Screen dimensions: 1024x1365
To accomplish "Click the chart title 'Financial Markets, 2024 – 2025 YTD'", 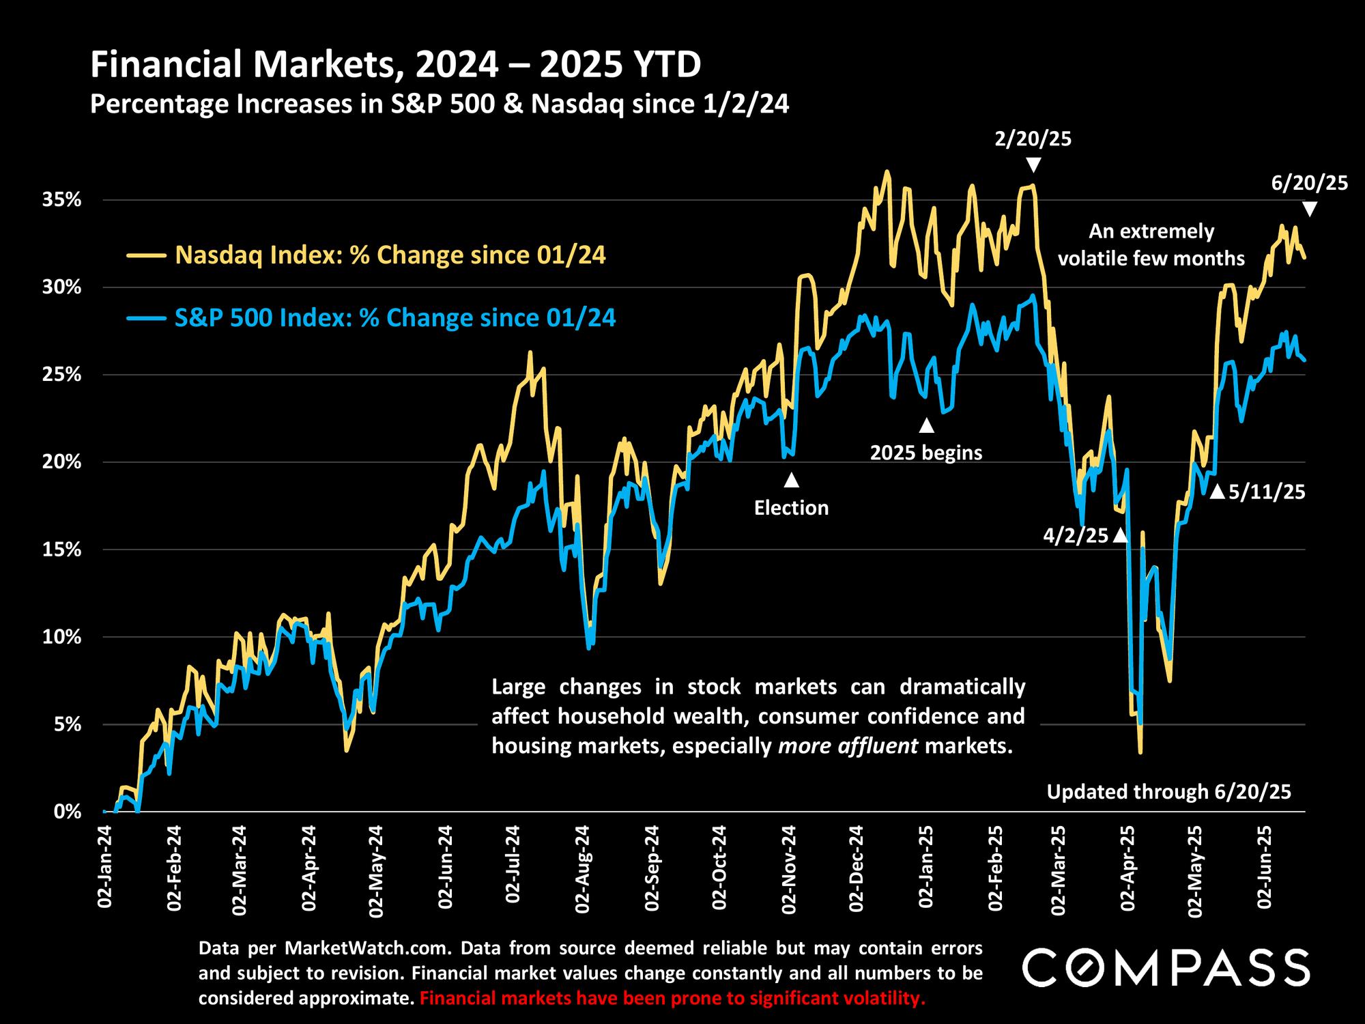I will pyautogui.click(x=396, y=66).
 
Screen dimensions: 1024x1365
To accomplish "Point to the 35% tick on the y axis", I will pyautogui.click(x=63, y=200).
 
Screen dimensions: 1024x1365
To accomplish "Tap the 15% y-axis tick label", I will pyautogui.click(x=63, y=550).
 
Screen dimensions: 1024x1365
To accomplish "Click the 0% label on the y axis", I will pyautogui.click(x=68, y=812).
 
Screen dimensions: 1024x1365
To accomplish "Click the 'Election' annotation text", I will pyautogui.click(x=791, y=508).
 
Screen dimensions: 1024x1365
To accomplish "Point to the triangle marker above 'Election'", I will pyautogui.click(x=791, y=480).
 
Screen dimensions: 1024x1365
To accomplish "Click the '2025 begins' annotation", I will pyautogui.click(x=926, y=453).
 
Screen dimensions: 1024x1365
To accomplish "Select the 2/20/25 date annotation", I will pyautogui.click(x=1033, y=140).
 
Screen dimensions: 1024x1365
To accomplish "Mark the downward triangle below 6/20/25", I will pyautogui.click(x=1309, y=210).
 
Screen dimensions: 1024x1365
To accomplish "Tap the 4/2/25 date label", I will pyautogui.click(x=1076, y=536).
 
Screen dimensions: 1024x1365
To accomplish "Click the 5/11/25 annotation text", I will pyautogui.click(x=1267, y=492).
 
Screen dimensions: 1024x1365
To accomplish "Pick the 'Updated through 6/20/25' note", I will pyautogui.click(x=1169, y=792).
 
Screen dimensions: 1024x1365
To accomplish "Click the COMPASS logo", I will pyautogui.click(x=1166, y=967).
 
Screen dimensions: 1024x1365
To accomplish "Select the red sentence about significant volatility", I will pyautogui.click(x=672, y=999).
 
